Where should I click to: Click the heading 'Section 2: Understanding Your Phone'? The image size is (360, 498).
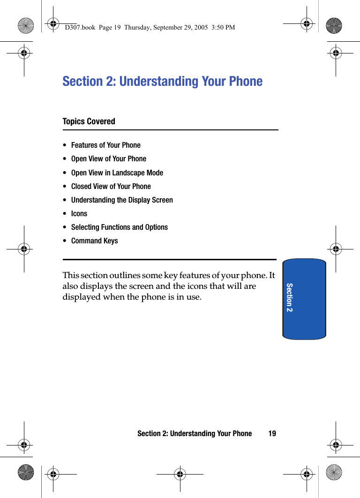pos(162,82)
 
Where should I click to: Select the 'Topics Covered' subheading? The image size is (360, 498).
pos(89,121)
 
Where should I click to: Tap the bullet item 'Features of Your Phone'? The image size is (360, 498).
pos(105,145)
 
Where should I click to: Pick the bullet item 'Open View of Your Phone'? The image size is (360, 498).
pos(108,159)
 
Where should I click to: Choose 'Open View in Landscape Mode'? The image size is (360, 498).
pos(117,173)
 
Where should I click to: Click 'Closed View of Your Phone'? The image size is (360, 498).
pos(111,186)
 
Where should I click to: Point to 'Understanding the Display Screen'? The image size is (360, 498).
pos(122,200)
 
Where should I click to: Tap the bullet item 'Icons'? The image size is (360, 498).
pos(79,213)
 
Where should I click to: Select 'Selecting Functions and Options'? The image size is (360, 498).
pos(119,227)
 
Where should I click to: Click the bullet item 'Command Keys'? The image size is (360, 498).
pos(94,241)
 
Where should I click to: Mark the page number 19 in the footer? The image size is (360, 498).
pos(272,434)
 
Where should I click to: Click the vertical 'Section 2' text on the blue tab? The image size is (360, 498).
pos(289,298)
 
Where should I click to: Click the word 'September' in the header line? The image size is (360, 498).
pos(167,28)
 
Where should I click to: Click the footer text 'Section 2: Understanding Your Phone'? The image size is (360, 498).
pos(195,434)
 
